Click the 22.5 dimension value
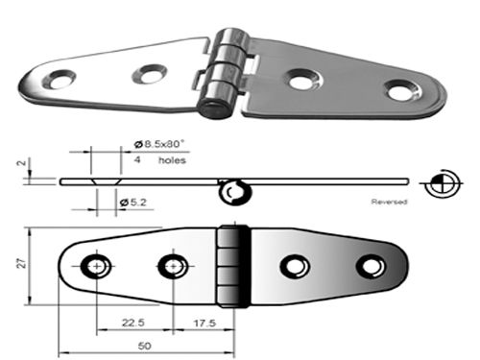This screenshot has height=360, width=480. point(133,323)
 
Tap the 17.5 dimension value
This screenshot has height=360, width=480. point(204,323)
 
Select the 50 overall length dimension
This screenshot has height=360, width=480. point(145,346)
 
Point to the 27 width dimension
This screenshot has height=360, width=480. point(22,264)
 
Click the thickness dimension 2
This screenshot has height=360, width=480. point(21,163)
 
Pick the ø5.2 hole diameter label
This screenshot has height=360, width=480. point(133,203)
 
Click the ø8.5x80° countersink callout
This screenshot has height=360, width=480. point(159,144)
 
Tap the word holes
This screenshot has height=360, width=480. point(172,159)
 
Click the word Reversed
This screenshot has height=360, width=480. point(389,202)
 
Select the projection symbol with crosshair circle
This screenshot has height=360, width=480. point(442,183)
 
